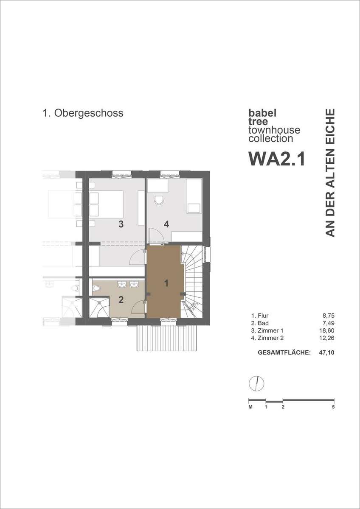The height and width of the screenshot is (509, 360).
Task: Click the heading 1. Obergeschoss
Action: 83,113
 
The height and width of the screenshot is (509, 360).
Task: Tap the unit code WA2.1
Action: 277,159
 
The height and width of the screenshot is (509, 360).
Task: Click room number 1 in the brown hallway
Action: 166,283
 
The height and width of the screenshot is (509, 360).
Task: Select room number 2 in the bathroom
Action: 121,300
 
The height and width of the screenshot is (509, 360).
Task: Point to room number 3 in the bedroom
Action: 121,224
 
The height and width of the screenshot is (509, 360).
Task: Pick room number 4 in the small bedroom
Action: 166,224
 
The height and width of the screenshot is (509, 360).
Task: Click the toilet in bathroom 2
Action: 96,288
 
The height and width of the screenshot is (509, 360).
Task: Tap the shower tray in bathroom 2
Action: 99,308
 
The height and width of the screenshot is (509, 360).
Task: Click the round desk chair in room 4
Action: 159,200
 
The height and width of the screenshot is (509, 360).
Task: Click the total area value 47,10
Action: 327,352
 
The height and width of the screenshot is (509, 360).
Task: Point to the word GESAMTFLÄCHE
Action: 284,352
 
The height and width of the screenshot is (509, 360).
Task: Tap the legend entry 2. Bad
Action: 260,323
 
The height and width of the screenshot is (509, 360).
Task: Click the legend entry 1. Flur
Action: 260,316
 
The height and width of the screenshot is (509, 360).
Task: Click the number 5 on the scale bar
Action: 333,407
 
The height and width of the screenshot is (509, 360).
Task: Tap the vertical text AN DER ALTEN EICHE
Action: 330,173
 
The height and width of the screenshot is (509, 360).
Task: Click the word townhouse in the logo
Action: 274,130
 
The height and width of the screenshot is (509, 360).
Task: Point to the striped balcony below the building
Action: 167,338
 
